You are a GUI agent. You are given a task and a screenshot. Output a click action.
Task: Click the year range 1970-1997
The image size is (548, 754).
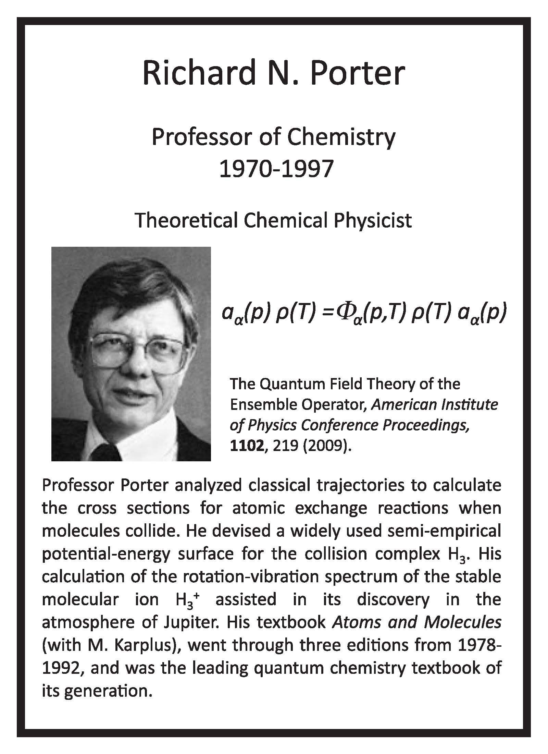[276, 169]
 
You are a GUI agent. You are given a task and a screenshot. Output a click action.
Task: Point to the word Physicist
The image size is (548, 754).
[373, 220]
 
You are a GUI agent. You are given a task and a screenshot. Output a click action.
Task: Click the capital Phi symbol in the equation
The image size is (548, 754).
[343, 313]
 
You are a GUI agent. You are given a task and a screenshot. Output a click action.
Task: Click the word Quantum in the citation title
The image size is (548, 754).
[289, 384]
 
